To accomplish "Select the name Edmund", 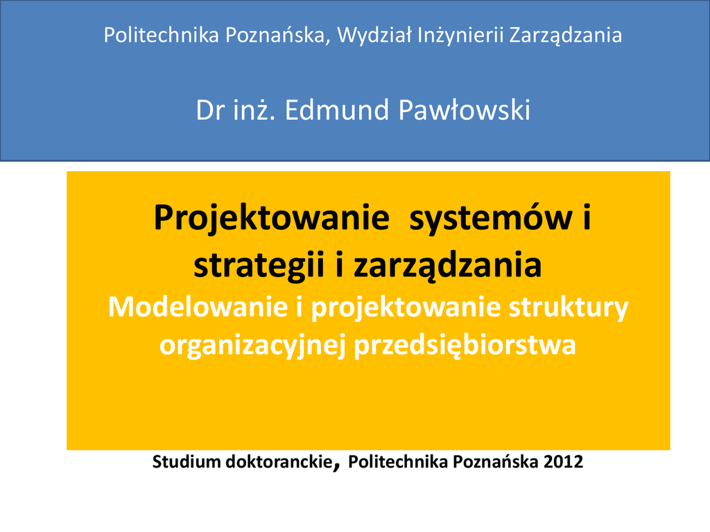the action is coord(337,110).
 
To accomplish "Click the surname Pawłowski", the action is coord(464,110).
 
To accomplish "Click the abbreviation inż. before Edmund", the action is coord(254,110).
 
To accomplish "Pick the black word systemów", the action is coord(490,219).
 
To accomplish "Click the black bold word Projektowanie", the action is coord(272,219).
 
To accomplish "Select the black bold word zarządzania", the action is coord(447,267).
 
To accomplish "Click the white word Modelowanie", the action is coord(198,307).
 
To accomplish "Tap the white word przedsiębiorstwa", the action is coord(465,346).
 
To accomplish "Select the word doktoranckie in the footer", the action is coord(279,462).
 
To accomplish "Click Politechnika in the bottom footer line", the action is coord(398,462).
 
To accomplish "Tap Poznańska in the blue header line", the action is coord(275,35).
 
